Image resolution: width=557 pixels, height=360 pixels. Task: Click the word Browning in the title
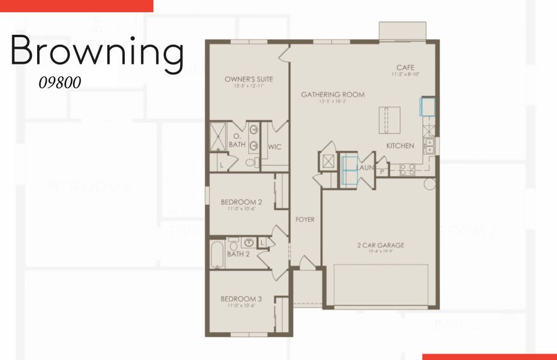pyautogui.click(x=97, y=52)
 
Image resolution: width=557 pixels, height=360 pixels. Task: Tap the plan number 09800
pyautogui.click(x=59, y=83)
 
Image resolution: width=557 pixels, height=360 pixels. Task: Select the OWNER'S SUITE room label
pyautogui.click(x=245, y=79)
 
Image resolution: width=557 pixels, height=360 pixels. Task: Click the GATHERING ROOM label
pyautogui.click(x=332, y=95)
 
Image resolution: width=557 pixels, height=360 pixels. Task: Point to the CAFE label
pyautogui.click(x=405, y=68)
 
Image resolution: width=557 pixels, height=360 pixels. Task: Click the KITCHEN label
pyautogui.click(x=400, y=146)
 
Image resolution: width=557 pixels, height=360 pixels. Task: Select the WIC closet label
pyautogui.click(x=275, y=146)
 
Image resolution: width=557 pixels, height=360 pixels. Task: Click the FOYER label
pyautogui.click(x=305, y=220)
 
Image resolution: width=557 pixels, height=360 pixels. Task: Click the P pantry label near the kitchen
pyautogui.click(x=381, y=171)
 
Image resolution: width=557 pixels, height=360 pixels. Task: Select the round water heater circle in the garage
pyautogui.click(x=429, y=184)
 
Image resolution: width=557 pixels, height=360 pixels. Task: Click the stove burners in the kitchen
pyautogui.click(x=407, y=170)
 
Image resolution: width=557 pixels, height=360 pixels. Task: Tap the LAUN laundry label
pyautogui.click(x=366, y=167)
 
